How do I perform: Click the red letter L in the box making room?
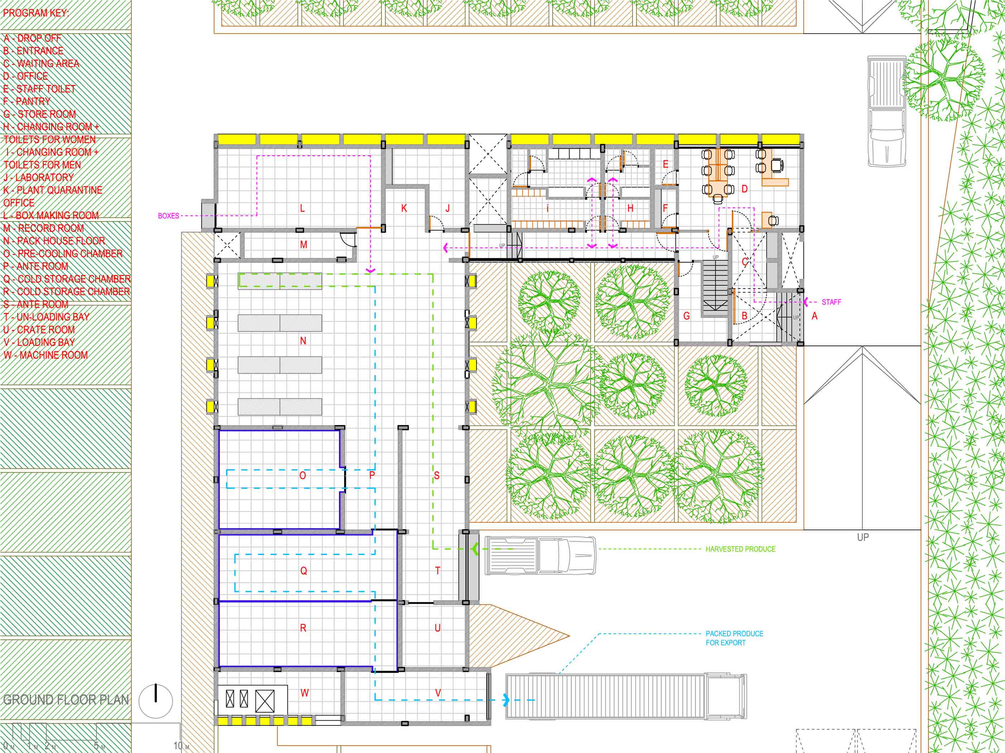[x=302, y=208]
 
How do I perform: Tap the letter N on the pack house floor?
[x=303, y=341]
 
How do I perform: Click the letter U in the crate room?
[x=438, y=628]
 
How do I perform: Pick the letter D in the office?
[x=744, y=188]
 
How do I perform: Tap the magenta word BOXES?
[x=169, y=216]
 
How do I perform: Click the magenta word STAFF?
[x=831, y=302]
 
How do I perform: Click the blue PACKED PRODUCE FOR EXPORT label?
[x=734, y=638]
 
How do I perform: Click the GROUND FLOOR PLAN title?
[x=66, y=700]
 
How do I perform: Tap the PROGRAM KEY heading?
[x=36, y=13]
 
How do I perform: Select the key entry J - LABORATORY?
[x=39, y=178]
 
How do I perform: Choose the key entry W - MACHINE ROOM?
[x=45, y=355]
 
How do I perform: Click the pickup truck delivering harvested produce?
[x=540, y=555]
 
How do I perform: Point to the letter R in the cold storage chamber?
[x=303, y=628]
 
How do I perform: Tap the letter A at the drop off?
[x=814, y=316]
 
